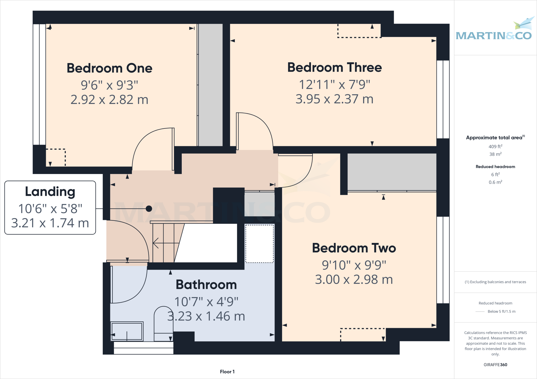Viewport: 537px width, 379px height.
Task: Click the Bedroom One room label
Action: click(x=109, y=68)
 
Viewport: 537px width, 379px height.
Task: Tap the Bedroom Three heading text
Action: click(x=334, y=67)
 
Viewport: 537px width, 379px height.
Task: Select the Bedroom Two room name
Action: click(x=354, y=248)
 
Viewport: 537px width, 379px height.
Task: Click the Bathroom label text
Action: click(x=206, y=285)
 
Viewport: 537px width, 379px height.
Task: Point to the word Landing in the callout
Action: click(x=50, y=192)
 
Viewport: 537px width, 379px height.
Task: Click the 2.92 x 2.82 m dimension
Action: click(x=109, y=100)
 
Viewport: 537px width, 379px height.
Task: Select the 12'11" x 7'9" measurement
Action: click(x=334, y=85)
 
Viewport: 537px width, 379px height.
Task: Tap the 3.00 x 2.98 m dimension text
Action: click(x=354, y=280)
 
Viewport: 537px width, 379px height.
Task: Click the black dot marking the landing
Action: click(x=149, y=209)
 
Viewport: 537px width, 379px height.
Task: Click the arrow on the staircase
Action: click(x=156, y=243)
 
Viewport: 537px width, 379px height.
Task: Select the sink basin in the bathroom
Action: click(x=127, y=331)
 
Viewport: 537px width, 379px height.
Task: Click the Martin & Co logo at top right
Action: click(x=494, y=31)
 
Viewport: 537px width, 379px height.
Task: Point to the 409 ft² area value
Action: click(x=495, y=147)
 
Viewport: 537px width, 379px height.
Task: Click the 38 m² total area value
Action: click(x=495, y=154)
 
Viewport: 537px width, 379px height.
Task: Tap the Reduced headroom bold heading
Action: click(x=495, y=167)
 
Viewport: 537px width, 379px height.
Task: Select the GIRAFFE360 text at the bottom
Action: click(x=495, y=365)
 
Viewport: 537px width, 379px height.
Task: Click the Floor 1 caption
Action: click(x=227, y=372)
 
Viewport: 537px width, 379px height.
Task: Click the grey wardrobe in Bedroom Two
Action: click(x=392, y=172)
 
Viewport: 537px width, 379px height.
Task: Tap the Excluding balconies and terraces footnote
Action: click(x=495, y=282)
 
